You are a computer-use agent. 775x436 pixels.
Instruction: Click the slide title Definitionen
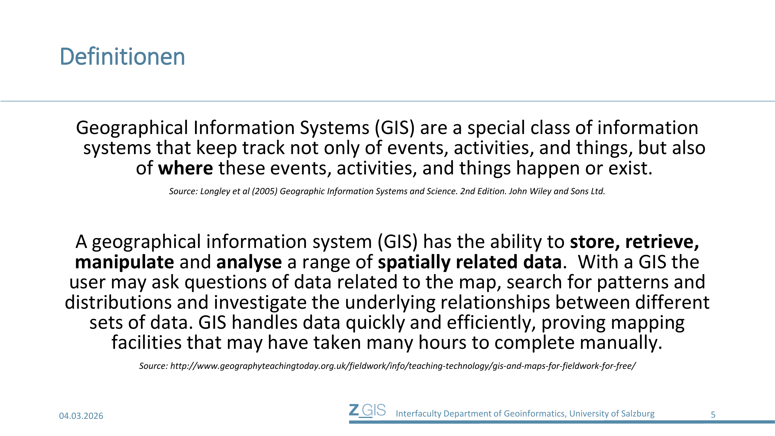tap(122, 57)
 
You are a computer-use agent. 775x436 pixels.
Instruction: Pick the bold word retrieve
tap(662, 242)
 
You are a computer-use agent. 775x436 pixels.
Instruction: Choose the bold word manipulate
tap(125, 262)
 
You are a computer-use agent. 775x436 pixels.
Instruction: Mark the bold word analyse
tap(249, 262)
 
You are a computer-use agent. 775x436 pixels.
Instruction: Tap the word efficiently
tap(491, 323)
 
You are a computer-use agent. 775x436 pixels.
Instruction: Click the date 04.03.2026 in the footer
tap(81, 416)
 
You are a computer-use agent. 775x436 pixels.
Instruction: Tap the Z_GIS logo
tap(367, 411)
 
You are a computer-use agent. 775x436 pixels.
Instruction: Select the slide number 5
tap(713, 415)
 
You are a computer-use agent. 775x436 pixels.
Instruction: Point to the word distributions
tap(118, 302)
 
